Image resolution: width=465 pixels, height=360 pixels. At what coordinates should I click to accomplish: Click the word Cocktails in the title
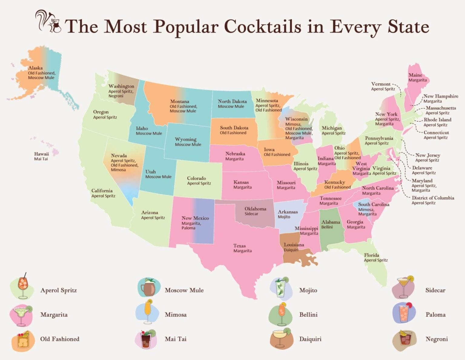coord(262,27)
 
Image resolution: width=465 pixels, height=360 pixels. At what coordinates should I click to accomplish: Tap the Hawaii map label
coord(41,154)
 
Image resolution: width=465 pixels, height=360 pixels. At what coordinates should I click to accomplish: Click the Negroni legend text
coord(437,339)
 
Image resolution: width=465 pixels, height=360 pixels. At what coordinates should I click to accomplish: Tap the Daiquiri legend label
coord(310,339)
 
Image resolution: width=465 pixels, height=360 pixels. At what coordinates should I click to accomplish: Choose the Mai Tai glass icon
coord(147,339)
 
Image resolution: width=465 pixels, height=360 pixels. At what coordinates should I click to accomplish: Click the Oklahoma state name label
coord(255,209)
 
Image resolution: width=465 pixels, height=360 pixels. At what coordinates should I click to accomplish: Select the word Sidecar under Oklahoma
coord(251,214)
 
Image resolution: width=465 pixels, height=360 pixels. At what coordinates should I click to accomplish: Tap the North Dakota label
coord(232,101)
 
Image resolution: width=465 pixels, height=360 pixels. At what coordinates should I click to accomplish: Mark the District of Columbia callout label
coord(433,198)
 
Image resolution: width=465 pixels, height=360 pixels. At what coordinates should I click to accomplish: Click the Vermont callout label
coord(381,84)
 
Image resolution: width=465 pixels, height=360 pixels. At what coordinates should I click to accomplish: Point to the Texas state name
coord(239,246)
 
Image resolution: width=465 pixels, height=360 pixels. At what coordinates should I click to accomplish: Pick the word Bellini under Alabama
coord(327,227)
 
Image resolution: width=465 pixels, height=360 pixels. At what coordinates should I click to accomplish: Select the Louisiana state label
coord(294,245)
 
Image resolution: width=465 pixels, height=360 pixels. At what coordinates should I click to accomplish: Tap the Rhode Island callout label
coord(437,120)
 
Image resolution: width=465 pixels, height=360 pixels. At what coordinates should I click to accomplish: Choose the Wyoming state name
coord(186,139)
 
